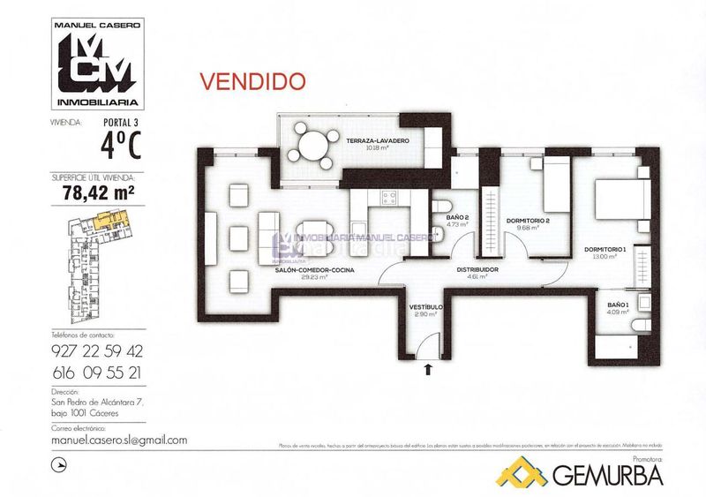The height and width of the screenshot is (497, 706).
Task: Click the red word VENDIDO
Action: tap(253, 80)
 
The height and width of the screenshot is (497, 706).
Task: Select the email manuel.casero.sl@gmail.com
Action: tap(118, 440)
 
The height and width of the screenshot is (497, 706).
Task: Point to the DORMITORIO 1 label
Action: tap(605, 250)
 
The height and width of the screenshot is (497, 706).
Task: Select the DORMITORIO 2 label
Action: tap(529, 221)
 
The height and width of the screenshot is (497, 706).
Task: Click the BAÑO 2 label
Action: tap(456, 217)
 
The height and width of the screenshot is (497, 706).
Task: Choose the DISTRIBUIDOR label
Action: tap(477, 270)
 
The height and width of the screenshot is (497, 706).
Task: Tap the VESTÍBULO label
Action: tap(425, 307)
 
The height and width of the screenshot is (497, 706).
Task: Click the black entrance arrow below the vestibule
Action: tap(429, 369)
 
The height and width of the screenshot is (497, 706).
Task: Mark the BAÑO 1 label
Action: tap(618, 305)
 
